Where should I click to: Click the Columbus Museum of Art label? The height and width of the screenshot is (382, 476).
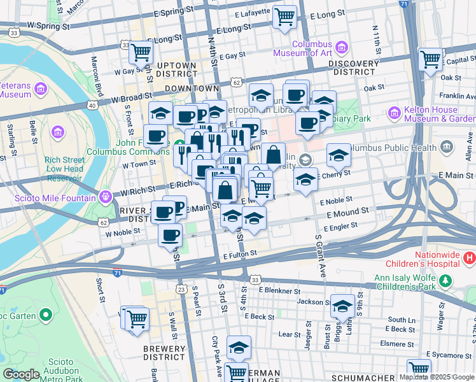(303, 48)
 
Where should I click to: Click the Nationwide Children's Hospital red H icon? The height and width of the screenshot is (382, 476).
(470, 258)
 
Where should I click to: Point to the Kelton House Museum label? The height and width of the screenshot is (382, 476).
(440, 113)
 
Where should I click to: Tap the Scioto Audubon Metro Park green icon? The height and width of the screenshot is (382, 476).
(45, 315)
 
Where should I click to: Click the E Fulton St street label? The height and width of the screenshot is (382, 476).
(240, 253)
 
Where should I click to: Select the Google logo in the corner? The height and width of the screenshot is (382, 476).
(21, 374)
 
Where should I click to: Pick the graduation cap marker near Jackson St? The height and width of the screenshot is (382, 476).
(342, 306)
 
